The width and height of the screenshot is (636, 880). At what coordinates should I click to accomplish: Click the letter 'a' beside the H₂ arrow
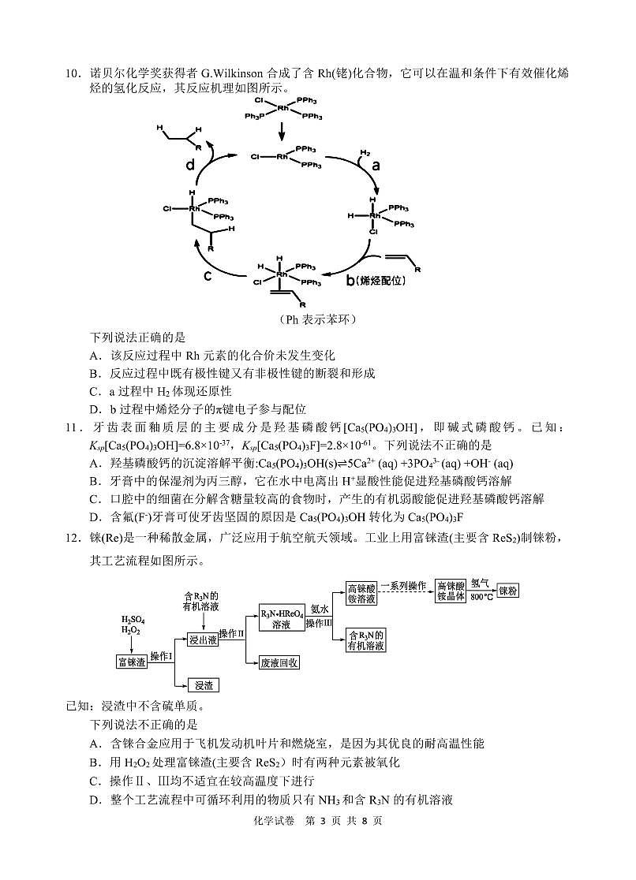[376, 166]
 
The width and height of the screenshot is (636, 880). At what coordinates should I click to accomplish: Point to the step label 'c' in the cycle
[208, 275]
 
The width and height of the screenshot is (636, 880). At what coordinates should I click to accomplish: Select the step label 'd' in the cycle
[189, 165]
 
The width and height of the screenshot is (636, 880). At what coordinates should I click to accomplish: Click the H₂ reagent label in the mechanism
[365, 151]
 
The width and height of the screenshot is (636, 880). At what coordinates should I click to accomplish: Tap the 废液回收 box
[279, 662]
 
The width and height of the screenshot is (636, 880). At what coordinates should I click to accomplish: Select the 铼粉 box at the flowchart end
[511, 591]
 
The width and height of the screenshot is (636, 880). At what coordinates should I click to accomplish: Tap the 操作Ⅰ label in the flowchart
[162, 656]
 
